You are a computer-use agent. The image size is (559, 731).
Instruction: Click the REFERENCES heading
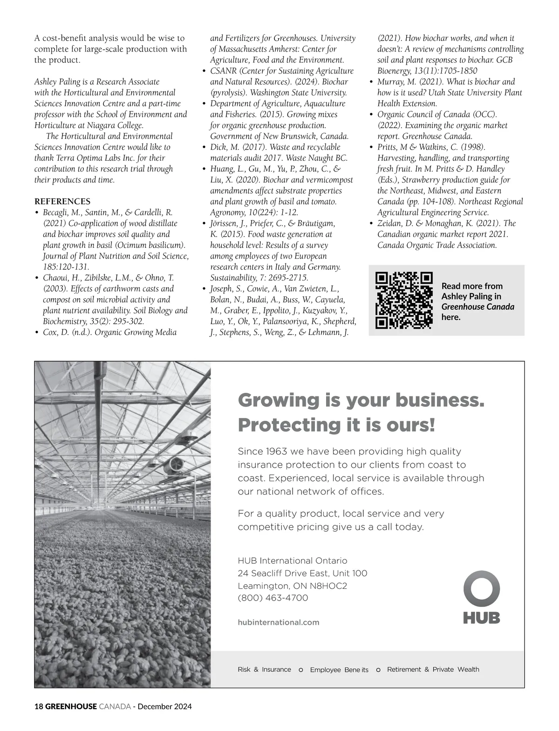point(62,202)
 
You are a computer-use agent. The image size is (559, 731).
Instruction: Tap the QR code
point(404,300)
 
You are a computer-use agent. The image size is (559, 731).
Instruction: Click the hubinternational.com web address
point(278,622)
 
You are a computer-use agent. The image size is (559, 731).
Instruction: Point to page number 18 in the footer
point(39,707)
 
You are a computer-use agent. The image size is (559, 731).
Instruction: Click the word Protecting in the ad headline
point(276,425)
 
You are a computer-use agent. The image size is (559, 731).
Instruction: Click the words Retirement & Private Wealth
point(433,670)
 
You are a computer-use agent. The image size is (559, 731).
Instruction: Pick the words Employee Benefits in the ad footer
point(339,670)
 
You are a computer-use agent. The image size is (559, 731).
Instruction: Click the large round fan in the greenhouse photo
point(175,465)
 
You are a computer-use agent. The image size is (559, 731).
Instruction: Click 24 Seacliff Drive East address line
point(302,574)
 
